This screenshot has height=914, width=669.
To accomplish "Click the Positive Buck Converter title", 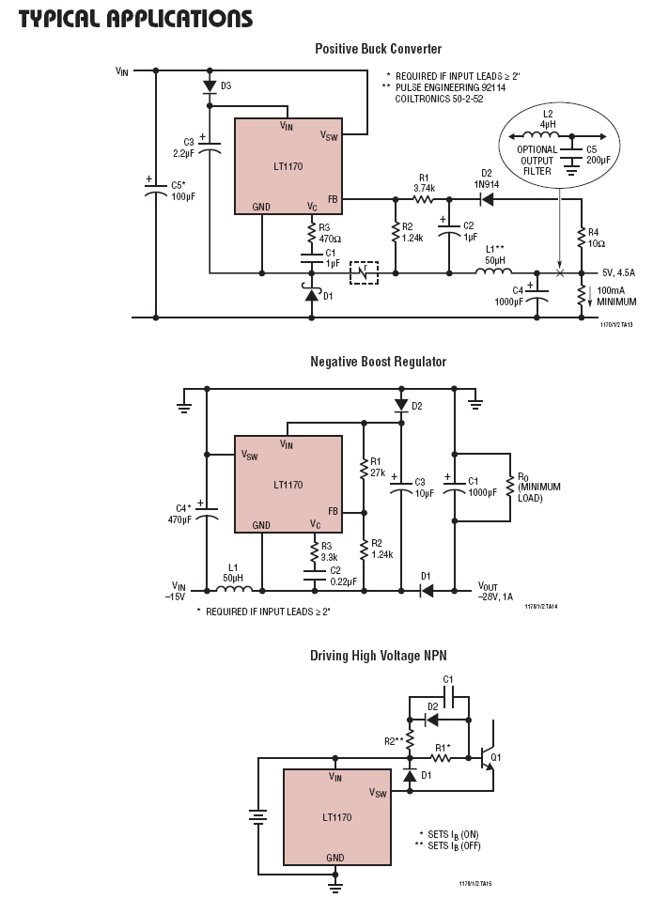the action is (x=378, y=49).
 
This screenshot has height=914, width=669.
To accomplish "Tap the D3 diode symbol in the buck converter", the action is (x=210, y=85).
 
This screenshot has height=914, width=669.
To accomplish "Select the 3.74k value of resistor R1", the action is (x=424, y=188).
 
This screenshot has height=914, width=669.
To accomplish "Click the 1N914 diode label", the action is (x=487, y=184).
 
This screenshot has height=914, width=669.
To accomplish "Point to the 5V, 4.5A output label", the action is (x=619, y=272).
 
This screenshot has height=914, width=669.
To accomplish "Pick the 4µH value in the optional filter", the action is (x=548, y=125).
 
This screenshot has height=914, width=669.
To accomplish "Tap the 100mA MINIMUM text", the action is (x=616, y=296).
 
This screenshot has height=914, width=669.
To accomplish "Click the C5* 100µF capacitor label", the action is (x=182, y=192).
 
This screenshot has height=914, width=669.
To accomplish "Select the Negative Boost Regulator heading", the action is (x=378, y=362).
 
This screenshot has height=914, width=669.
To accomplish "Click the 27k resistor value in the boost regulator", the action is (x=378, y=472).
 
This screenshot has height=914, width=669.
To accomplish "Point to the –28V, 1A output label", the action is (x=495, y=596).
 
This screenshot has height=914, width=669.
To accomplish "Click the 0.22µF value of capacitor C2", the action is (x=344, y=581).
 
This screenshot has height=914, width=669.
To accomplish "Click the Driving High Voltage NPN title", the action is (x=378, y=656).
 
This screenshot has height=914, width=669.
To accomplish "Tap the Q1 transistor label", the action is (x=496, y=757).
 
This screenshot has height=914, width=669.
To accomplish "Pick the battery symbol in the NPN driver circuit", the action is (x=257, y=816).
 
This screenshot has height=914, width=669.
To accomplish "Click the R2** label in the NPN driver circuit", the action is (x=394, y=741).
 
